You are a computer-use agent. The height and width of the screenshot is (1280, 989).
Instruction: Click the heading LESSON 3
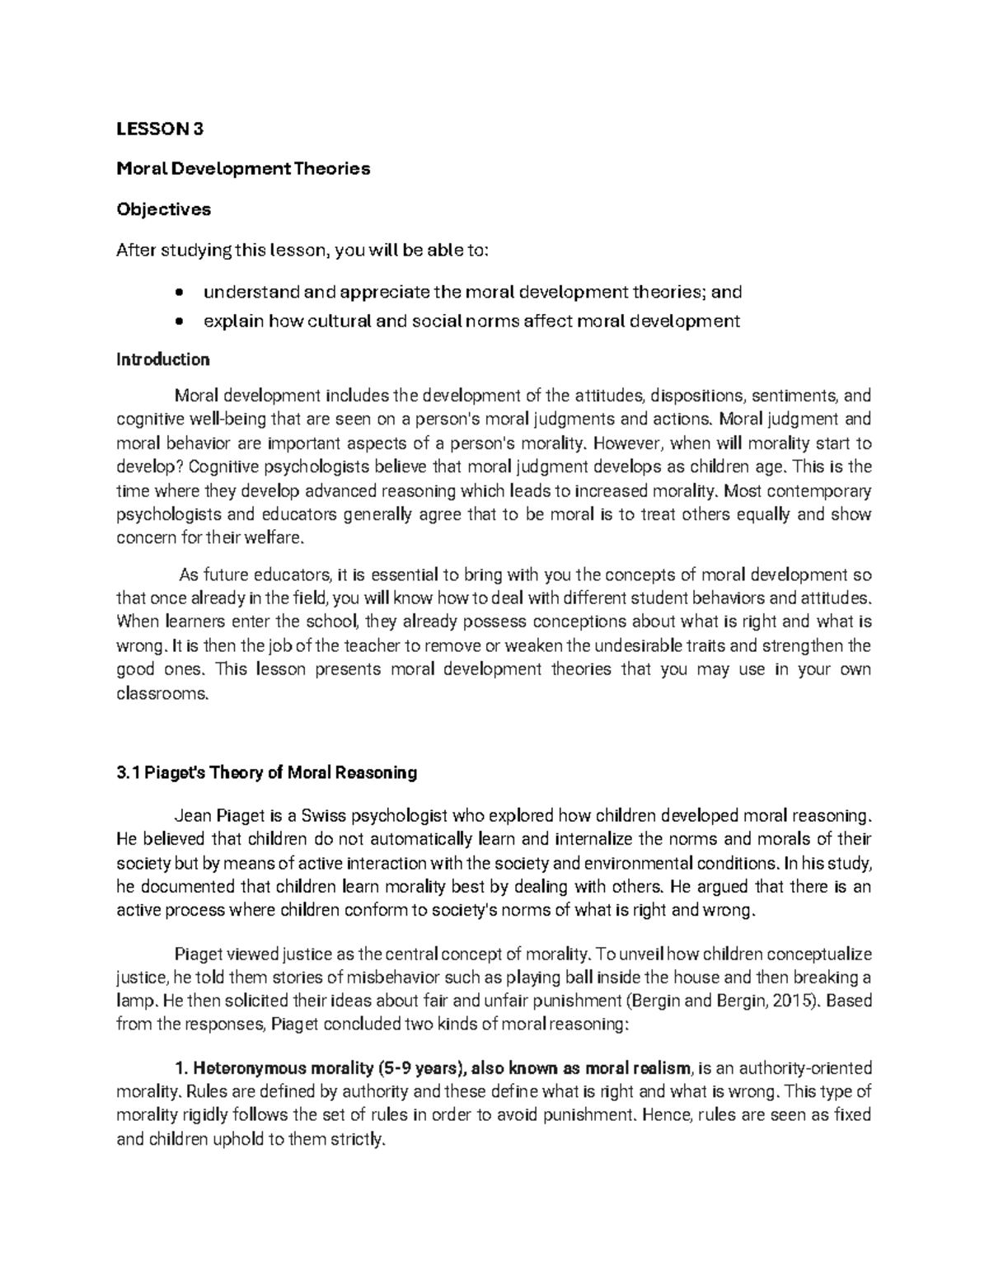159,129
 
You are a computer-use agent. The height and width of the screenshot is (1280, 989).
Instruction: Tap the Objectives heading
163,209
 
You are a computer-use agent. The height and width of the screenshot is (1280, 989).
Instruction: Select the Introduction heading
163,359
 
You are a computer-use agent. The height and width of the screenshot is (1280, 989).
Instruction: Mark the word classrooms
163,693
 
